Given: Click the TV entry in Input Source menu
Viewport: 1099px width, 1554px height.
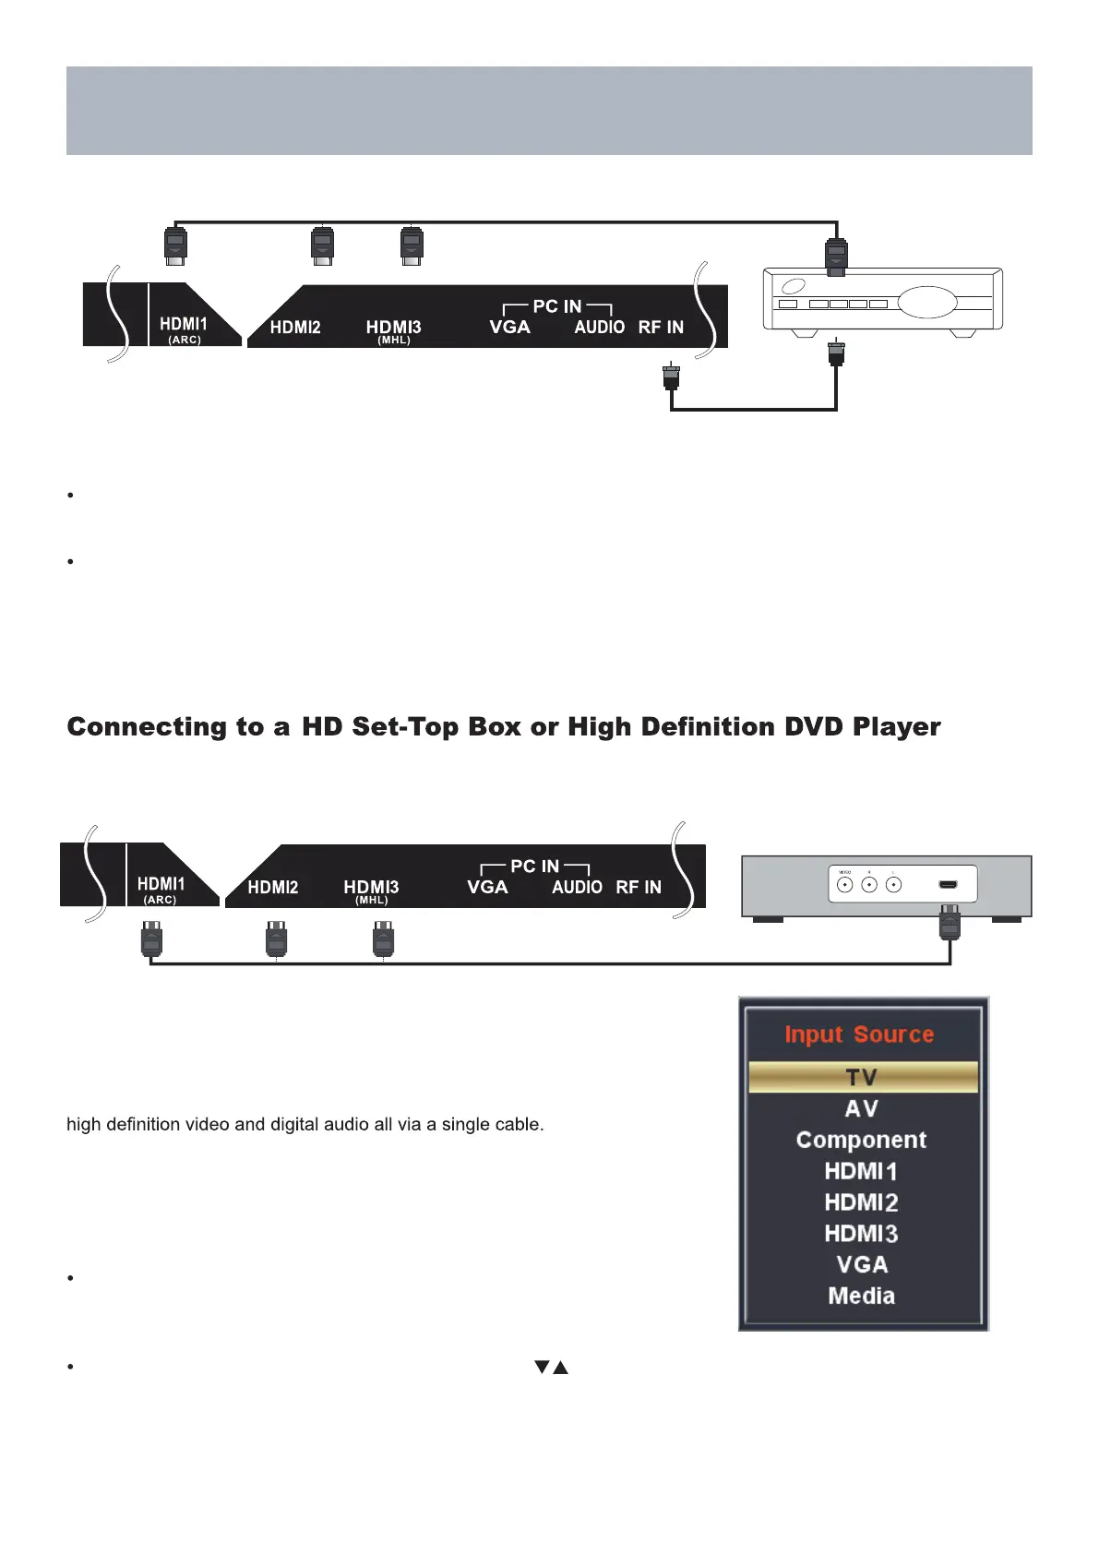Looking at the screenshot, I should (862, 1077).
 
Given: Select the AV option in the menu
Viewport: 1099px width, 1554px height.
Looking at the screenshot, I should (862, 1108).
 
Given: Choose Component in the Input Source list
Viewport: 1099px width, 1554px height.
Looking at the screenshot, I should (861, 1140).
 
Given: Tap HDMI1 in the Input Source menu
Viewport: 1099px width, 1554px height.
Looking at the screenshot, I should (861, 1171).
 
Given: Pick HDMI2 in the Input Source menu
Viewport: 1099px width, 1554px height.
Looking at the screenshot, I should (861, 1202).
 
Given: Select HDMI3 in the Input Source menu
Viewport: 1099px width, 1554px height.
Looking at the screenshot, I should (861, 1234).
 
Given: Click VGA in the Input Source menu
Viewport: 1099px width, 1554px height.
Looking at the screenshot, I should (862, 1264).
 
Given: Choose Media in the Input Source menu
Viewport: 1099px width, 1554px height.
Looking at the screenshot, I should (862, 1296).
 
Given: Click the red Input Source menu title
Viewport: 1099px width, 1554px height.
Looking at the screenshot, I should (859, 1034).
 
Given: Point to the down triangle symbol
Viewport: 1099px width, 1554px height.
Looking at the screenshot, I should (542, 1367).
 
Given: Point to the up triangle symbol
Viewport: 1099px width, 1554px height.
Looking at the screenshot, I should (560, 1367).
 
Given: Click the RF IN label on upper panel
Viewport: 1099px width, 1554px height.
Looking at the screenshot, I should (661, 328).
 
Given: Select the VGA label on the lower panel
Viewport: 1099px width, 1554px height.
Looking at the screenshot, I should (487, 887).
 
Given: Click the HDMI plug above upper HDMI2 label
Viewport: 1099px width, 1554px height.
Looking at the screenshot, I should (322, 245).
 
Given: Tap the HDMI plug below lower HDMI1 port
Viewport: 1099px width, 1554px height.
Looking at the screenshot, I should (151, 940).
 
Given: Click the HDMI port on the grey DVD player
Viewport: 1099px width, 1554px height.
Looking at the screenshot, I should (948, 885).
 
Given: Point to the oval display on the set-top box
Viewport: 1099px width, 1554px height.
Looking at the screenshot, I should (926, 303).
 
